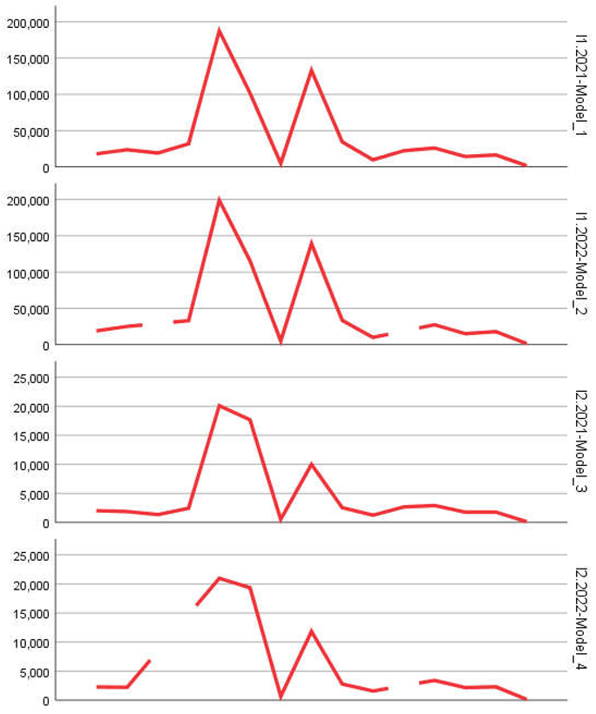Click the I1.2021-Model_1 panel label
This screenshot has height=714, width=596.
(x=581, y=85)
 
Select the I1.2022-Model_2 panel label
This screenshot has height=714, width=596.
(x=581, y=263)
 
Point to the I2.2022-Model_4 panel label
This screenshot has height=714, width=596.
(x=581, y=618)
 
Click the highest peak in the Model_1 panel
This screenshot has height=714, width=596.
(x=219, y=30)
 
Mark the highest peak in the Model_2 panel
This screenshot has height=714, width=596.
(x=219, y=199)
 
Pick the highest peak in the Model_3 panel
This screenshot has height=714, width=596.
(x=219, y=405)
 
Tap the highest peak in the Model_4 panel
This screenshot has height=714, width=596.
(x=219, y=577)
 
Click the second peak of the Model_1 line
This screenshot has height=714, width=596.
(x=311, y=70)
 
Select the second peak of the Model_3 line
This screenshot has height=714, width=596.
(x=311, y=464)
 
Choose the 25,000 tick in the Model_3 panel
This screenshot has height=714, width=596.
(x=29, y=378)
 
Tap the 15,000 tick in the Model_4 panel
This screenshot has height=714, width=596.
(x=29, y=614)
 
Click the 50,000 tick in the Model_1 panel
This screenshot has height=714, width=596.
(x=29, y=131)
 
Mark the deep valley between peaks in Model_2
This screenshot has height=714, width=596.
(x=281, y=341)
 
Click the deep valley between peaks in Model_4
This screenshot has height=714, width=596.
(x=281, y=697)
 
